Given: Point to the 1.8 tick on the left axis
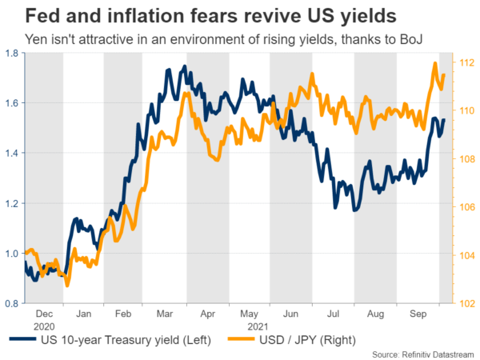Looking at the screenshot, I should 13,53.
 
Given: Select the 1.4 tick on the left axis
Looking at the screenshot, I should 13,153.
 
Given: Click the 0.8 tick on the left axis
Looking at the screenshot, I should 13,304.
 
